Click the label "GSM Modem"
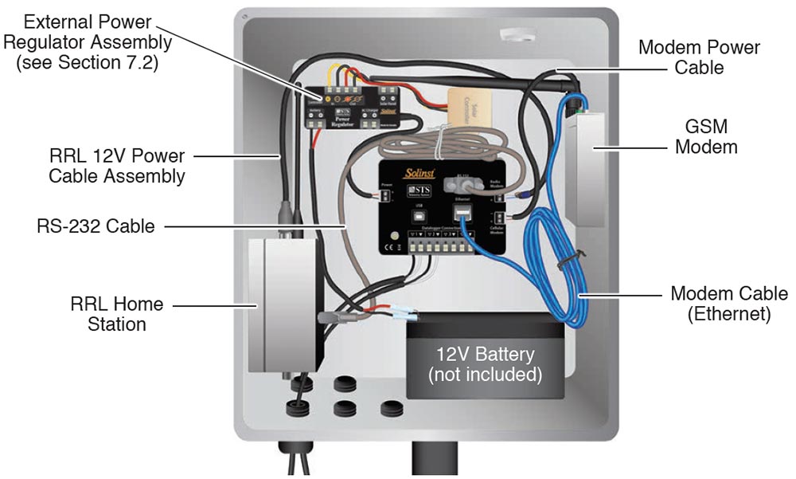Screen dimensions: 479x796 click(x=711, y=136)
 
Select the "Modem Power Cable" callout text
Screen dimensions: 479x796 click(x=699, y=57)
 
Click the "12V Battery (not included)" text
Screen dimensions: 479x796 click(x=485, y=363)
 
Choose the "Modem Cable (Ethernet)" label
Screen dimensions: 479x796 click(x=728, y=304)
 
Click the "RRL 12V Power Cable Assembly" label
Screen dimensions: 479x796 click(x=116, y=164)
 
